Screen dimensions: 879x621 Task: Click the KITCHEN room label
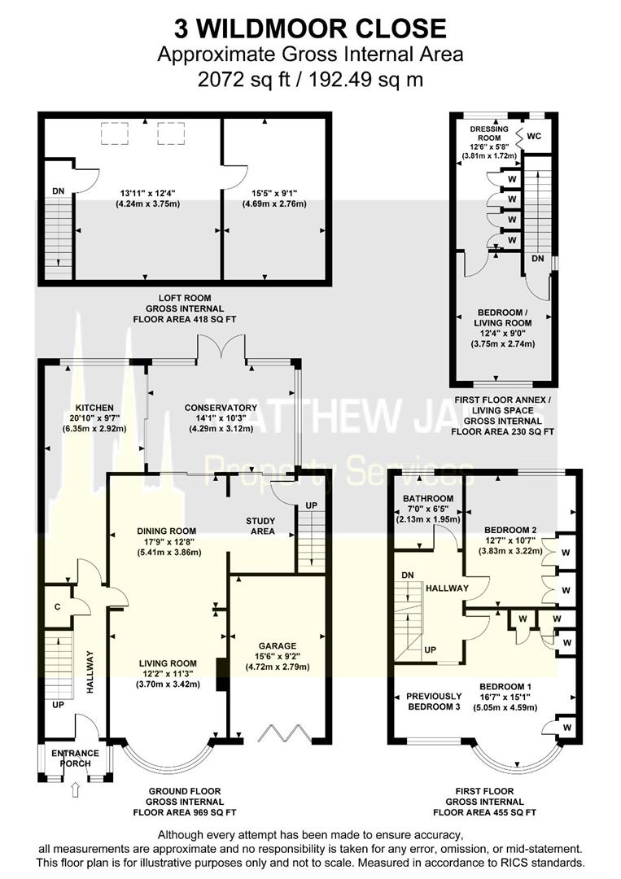(94, 408)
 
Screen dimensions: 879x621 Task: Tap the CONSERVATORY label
(221, 408)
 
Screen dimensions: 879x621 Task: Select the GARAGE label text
(278, 645)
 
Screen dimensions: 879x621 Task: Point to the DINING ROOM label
(166, 531)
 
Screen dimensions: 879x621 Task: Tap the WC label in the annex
(535, 136)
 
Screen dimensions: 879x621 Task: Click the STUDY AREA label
(260, 526)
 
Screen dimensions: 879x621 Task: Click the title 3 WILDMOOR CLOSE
(310, 29)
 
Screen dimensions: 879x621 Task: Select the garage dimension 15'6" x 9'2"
(278, 656)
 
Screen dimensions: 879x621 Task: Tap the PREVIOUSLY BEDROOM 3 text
(434, 702)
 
